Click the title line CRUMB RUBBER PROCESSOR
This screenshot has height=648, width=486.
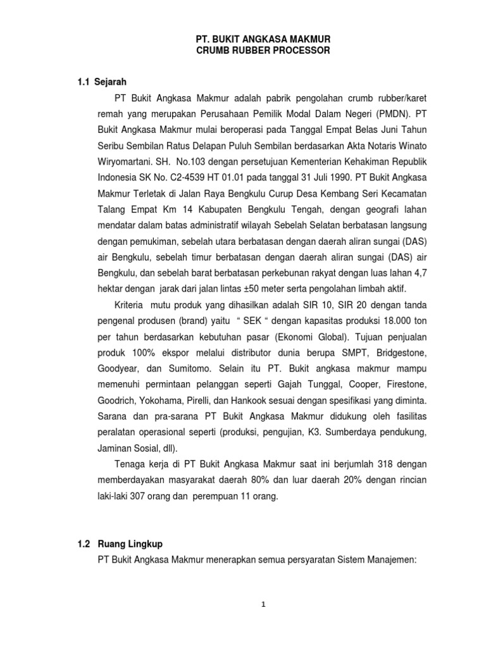[x=263, y=51]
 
